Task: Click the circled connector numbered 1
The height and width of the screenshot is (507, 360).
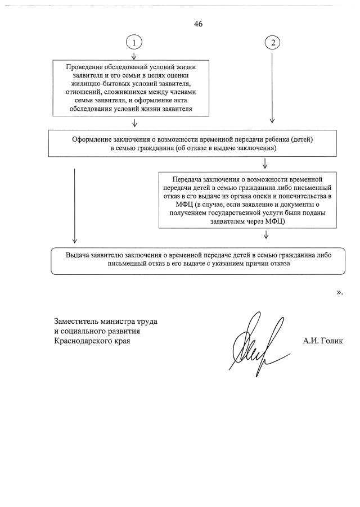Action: (134, 42)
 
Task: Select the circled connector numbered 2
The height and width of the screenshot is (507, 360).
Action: (272, 42)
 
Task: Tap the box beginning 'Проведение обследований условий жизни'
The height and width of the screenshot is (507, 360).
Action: (134, 87)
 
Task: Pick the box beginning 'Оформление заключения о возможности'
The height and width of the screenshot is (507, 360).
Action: (192, 143)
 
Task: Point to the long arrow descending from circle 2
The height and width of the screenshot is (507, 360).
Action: (272, 84)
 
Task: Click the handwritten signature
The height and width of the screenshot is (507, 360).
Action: (256, 343)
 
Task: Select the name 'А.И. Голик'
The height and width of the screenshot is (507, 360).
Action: (322, 341)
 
